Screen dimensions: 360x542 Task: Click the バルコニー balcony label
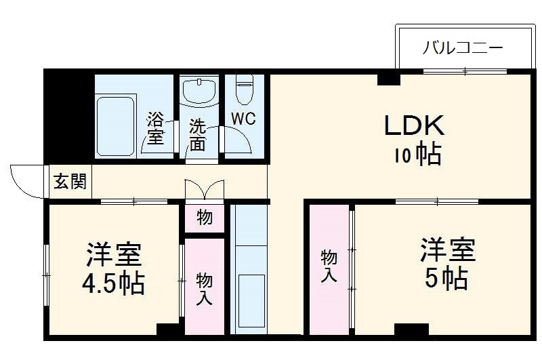coord(463,49)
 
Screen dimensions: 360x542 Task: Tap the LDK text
coord(414,126)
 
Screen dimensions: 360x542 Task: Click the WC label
coord(243,118)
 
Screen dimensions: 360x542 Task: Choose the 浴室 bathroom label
coord(155,129)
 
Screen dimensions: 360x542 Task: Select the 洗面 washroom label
coord(197,134)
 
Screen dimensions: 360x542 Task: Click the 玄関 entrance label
coord(70,182)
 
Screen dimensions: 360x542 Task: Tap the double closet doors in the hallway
coord(204,188)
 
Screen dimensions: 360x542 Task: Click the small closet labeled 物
coord(204,218)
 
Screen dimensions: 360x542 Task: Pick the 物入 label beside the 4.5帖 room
coord(204,288)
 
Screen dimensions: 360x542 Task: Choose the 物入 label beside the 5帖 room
coord(329,266)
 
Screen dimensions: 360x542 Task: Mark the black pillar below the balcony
coord(388,79)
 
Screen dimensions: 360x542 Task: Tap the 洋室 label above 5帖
coord(447,249)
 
